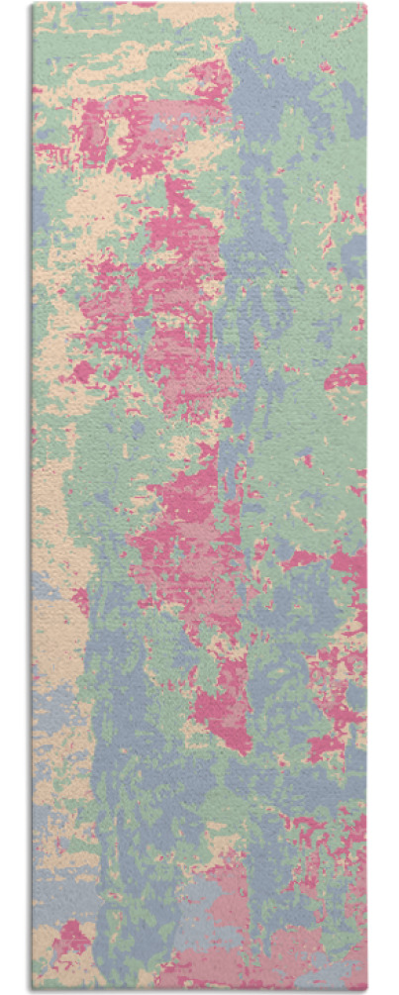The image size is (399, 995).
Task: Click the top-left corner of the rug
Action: tap(33, 4)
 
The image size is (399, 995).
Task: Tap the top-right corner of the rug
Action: tap(365, 4)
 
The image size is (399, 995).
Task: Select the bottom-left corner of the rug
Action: tap(33, 989)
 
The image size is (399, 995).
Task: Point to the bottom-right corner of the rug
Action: tap(365, 989)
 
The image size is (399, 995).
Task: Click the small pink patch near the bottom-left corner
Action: tap(70, 936)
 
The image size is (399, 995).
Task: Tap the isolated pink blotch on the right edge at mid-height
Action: tap(348, 376)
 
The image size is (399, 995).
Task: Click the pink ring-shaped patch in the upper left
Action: tap(104, 129)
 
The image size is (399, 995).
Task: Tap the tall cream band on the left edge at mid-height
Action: tap(50, 515)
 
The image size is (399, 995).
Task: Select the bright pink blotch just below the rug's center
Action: tap(223, 693)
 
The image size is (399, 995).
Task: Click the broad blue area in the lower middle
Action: tap(149, 772)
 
